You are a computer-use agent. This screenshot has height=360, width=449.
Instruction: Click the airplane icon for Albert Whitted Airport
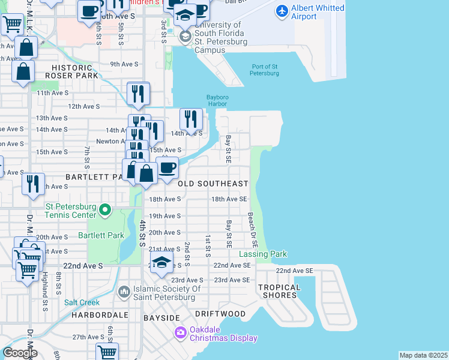pos(282,11)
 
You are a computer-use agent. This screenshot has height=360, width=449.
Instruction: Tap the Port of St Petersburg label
pos(265,70)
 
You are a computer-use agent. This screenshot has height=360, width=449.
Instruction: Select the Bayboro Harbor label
pos(217,100)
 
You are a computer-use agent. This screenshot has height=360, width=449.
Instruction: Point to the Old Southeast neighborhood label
pos(212,184)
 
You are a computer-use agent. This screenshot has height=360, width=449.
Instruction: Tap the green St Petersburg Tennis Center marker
pos(105,210)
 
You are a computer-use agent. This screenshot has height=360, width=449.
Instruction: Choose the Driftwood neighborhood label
pos(220,314)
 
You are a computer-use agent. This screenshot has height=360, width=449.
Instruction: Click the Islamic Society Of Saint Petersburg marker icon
pos(124,292)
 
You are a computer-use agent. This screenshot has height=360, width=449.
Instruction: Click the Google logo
pos(20,353)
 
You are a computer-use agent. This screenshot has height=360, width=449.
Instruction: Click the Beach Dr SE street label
pos(254,231)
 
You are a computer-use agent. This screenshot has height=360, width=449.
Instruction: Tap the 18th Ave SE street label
pos(229,199)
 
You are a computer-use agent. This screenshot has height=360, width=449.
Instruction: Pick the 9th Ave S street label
pos(124,64)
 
